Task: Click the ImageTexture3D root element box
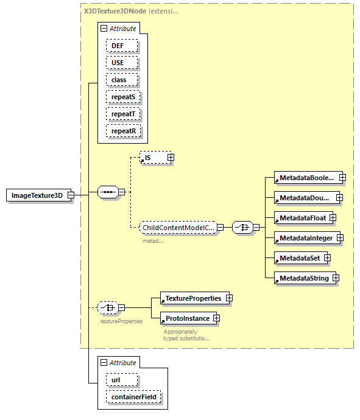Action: (37, 195)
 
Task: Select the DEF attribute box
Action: (121, 46)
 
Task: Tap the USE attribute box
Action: (121, 63)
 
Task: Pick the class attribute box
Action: (121, 80)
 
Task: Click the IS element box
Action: (153, 158)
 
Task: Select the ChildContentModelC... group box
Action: (177, 228)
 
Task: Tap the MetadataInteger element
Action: (306, 237)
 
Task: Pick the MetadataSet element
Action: (299, 258)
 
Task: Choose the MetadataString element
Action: (303, 278)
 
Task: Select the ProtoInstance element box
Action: (187, 318)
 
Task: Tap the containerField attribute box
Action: (134, 397)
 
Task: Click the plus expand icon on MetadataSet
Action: (327, 258)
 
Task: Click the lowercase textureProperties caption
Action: (121, 321)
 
